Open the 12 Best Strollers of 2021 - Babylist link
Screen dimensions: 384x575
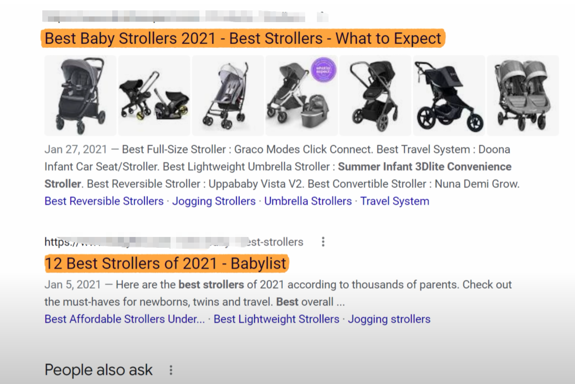pos(166,263)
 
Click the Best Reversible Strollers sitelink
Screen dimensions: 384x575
pos(104,201)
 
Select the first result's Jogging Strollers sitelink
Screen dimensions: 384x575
pos(214,201)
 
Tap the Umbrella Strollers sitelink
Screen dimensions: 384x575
pos(308,201)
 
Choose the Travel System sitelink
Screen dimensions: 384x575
pos(395,201)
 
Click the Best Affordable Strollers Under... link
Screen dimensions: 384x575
pos(125,319)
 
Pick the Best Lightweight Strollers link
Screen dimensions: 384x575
pos(276,319)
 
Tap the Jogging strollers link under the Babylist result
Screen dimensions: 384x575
pos(389,319)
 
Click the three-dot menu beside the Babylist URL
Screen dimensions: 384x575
pos(323,242)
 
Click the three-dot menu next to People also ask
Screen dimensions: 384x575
pos(171,370)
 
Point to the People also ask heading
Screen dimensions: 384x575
pos(98,370)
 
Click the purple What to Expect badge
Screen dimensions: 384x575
pos(323,69)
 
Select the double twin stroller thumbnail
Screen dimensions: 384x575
pos(523,96)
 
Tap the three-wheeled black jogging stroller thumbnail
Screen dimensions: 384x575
pos(449,96)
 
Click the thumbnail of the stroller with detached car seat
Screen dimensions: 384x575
pos(154,96)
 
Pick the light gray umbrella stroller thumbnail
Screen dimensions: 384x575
pos(228,96)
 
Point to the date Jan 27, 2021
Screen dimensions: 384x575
pos(76,150)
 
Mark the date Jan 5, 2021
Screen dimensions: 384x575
pos(73,285)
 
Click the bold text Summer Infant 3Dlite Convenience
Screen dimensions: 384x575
pos(424,167)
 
